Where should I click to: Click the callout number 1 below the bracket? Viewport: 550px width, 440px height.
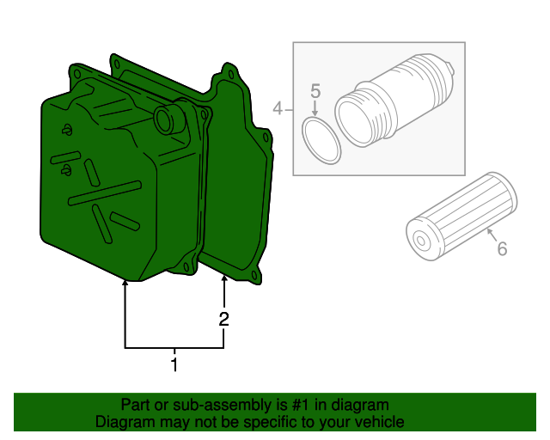(x=174, y=365)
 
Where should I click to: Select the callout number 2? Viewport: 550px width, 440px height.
(x=224, y=319)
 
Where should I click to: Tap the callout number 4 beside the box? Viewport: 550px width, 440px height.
(x=278, y=108)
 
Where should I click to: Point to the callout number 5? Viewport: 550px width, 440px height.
(x=315, y=90)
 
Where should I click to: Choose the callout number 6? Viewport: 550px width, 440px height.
(x=502, y=248)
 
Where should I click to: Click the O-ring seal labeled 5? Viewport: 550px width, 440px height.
(x=322, y=140)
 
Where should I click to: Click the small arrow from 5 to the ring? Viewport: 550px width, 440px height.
(x=315, y=109)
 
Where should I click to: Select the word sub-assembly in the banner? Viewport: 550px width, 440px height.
(x=217, y=405)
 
